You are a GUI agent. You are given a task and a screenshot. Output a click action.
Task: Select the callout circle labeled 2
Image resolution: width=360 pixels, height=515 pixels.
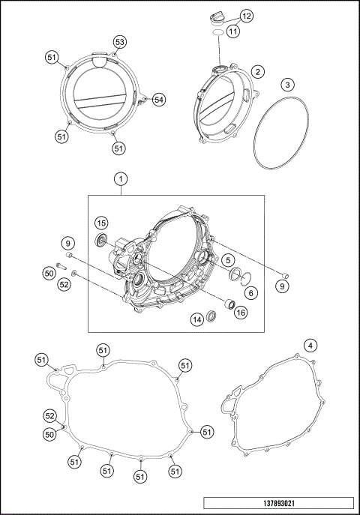click(257, 72)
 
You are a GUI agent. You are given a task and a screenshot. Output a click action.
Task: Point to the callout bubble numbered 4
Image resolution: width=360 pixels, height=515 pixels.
click(309, 346)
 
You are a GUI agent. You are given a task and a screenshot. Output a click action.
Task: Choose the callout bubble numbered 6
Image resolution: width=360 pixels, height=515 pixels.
click(250, 293)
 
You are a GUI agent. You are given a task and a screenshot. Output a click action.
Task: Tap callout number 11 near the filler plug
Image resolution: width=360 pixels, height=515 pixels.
click(233, 31)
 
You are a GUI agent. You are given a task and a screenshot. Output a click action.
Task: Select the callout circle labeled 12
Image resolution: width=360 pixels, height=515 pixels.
click(247, 16)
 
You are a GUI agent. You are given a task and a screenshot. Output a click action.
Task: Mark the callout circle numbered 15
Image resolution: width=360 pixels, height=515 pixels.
click(101, 223)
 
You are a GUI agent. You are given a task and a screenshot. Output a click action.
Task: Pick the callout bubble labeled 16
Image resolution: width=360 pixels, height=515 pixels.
click(241, 313)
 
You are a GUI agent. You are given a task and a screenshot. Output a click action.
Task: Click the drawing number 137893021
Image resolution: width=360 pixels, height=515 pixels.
click(277, 505)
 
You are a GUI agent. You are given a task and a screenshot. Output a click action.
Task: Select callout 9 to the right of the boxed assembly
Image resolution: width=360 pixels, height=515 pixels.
click(283, 285)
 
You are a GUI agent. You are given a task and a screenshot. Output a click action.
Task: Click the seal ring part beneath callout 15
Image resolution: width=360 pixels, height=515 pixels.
click(99, 240)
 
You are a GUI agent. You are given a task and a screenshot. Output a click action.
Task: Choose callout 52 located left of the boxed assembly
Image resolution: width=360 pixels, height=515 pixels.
click(64, 284)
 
